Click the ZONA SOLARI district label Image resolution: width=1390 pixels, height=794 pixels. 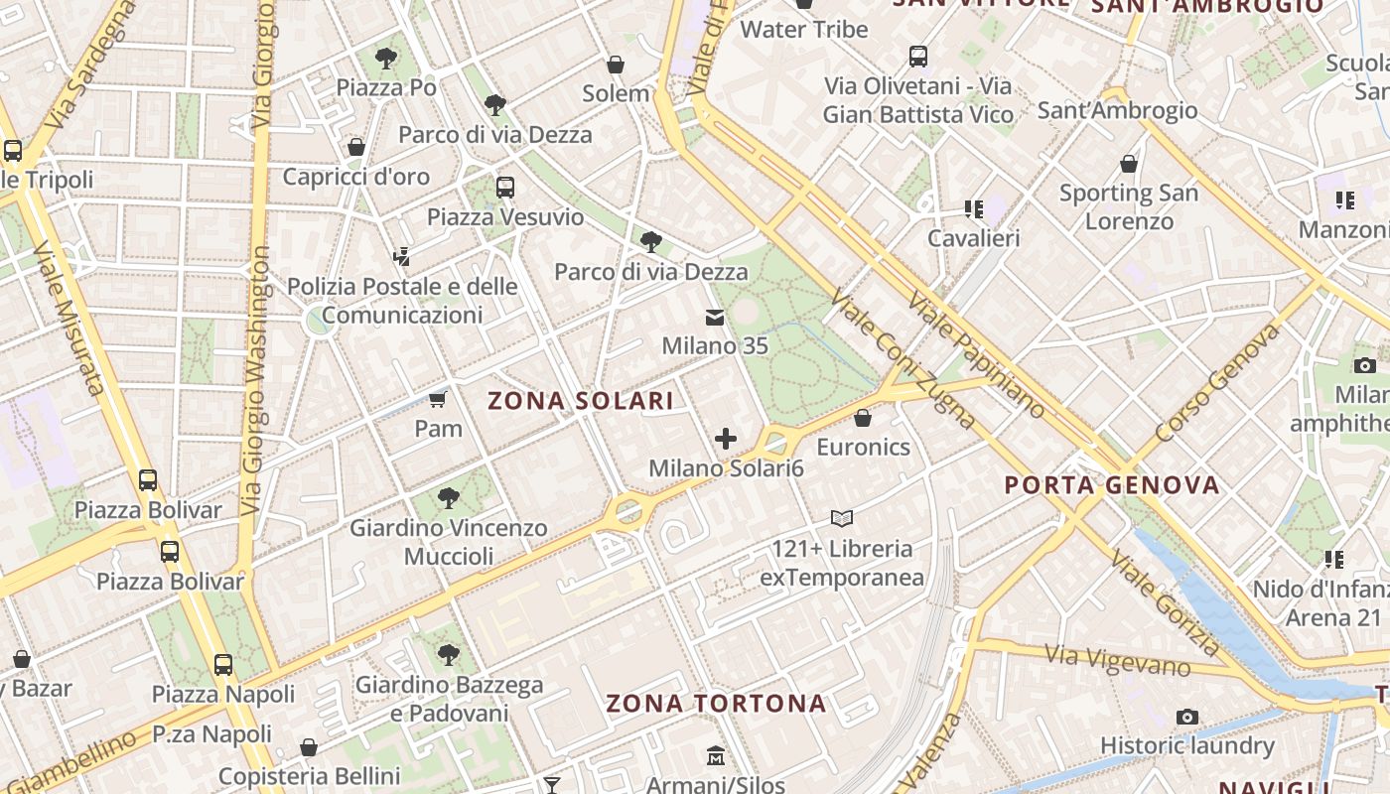(580, 401)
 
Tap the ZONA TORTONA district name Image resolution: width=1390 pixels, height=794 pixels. (716, 704)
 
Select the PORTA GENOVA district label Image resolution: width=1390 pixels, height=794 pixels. (1112, 485)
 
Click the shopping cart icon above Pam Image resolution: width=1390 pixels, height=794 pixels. (438, 399)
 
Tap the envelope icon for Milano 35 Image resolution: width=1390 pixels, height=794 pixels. (714, 318)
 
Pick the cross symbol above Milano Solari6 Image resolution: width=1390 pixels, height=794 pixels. (726, 439)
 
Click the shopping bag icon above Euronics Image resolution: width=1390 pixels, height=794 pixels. (863, 418)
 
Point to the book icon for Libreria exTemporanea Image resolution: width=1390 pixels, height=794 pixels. (842, 518)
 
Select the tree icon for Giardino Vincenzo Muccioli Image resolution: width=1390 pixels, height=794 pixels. (449, 497)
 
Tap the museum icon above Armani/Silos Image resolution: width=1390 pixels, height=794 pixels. (716, 756)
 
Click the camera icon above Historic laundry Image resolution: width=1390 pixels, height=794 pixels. (1186, 717)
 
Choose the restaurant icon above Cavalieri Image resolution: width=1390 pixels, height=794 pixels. (973, 209)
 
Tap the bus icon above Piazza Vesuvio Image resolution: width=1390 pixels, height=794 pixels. (505, 187)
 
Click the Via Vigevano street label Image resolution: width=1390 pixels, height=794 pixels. (1117, 659)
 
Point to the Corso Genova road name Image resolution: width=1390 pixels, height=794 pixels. (1217, 383)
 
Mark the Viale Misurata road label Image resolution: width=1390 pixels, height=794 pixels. (69, 318)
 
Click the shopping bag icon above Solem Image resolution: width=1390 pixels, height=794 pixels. (616, 65)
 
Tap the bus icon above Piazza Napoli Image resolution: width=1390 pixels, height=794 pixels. (223, 665)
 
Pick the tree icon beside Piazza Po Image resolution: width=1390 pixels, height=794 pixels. (386, 58)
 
